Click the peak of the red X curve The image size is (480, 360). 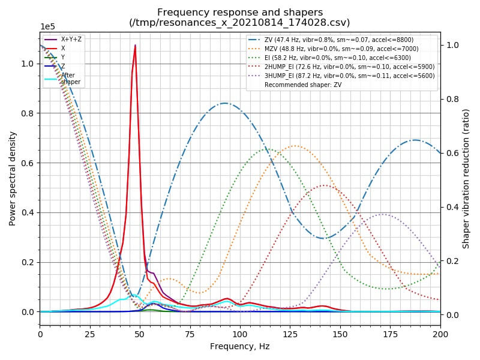(136, 45)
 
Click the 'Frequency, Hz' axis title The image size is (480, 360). (239, 346)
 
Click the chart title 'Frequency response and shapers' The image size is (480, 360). (240, 12)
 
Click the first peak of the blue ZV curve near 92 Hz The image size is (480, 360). (225, 103)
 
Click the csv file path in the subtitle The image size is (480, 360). (240, 23)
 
